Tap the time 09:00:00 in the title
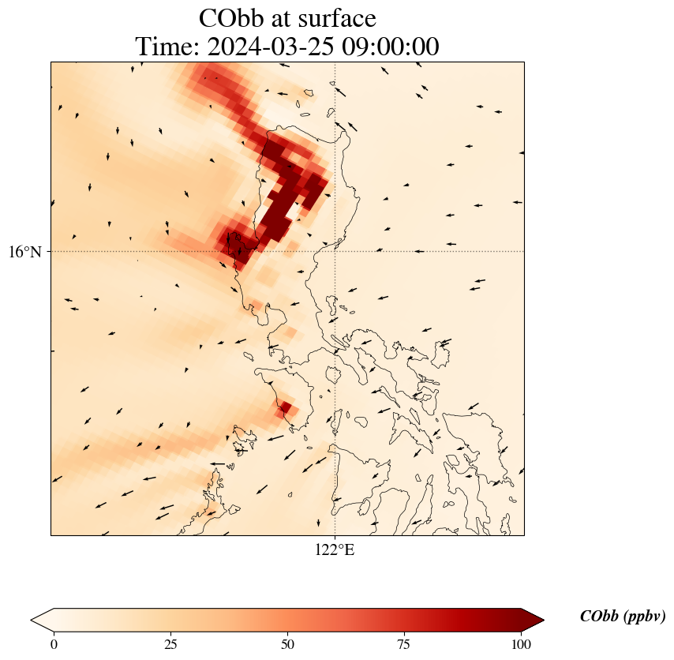[388, 47]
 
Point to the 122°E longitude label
[335, 550]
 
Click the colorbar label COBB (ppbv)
[622, 617]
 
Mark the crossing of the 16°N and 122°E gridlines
[335, 251]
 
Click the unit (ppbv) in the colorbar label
[643, 617]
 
